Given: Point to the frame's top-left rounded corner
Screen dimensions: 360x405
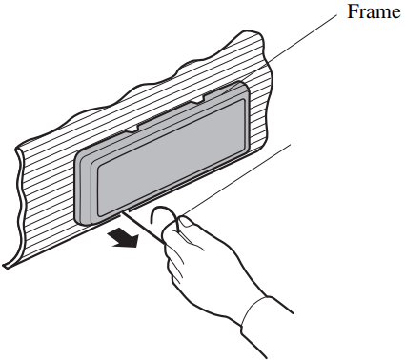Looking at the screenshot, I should point(82,152).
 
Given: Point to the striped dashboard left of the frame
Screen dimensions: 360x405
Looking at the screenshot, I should point(43,190).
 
